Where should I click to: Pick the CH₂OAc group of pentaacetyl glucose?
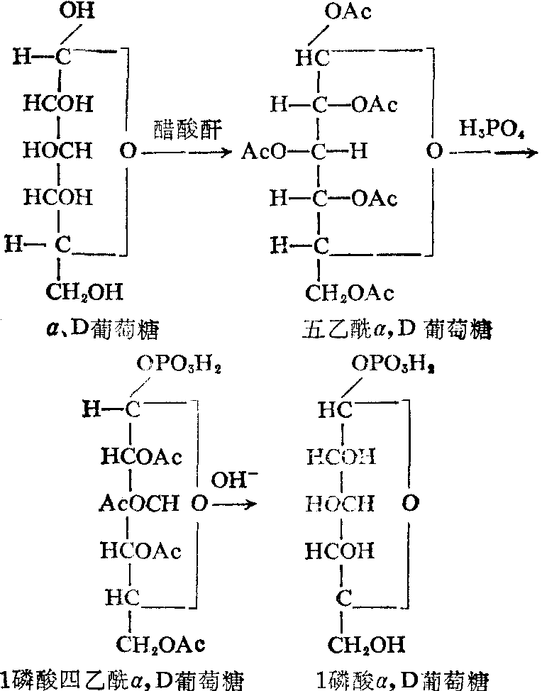(x=350, y=292)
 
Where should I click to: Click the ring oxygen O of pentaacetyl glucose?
(x=433, y=151)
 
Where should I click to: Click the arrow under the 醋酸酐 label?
(x=187, y=151)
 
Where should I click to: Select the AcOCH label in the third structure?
(x=138, y=504)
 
